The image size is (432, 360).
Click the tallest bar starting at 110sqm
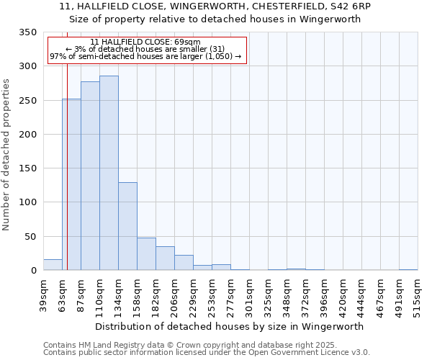click(109, 173)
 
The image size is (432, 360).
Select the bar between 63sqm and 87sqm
click(71, 184)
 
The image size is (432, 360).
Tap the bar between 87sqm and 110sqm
click(90, 176)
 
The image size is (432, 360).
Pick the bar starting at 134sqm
click(127, 226)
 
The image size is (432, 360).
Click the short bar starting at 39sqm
click(53, 265)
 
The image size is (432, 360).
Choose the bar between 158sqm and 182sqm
click(146, 254)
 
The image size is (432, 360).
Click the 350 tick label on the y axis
click(27, 32)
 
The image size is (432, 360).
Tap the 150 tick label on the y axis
click(27, 168)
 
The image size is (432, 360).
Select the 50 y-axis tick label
click(30, 236)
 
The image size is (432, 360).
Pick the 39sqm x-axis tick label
click(43, 295)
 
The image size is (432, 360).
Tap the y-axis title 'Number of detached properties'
click(7, 154)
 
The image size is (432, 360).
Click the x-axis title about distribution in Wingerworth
click(229, 326)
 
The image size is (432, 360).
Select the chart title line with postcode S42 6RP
click(215, 6)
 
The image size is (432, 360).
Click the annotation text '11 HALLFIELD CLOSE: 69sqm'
click(146, 42)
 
